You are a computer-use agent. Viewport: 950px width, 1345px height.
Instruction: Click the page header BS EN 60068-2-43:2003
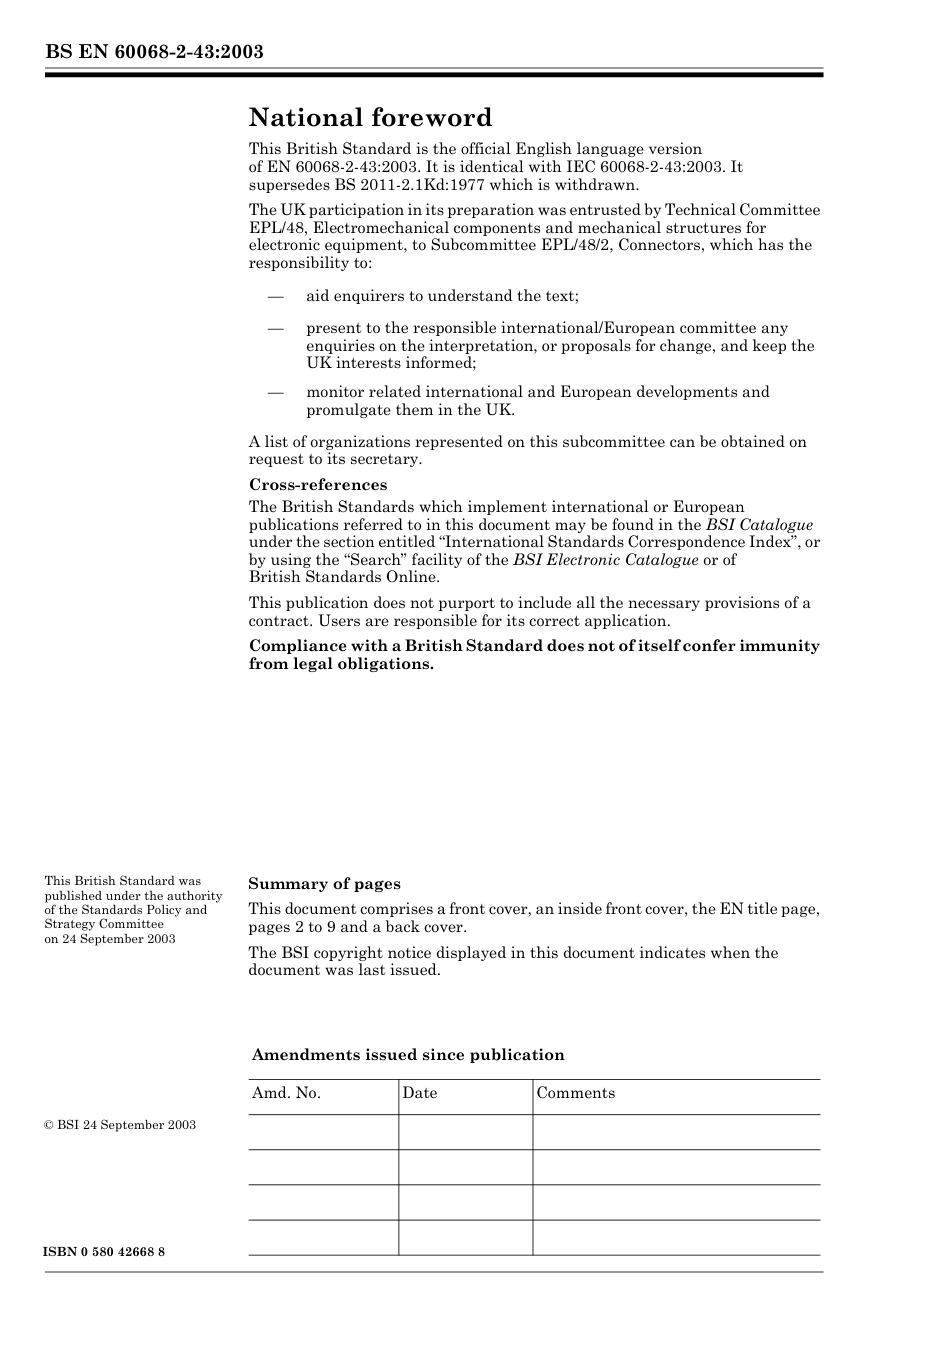[x=154, y=51]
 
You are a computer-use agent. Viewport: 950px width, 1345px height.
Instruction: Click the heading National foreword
[x=370, y=118]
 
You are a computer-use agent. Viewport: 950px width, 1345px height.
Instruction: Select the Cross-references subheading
[x=317, y=485]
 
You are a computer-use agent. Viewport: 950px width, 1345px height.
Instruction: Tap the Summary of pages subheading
[x=324, y=884]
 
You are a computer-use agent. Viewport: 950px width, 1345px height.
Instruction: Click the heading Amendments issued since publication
[x=408, y=1055]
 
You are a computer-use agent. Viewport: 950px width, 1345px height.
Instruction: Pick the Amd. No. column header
[x=286, y=1093]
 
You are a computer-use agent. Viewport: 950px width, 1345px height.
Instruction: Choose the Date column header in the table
[x=420, y=1093]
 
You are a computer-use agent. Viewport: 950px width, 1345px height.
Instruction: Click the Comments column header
[x=575, y=1093]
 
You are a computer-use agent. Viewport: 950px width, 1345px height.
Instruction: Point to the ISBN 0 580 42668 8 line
[x=105, y=1253]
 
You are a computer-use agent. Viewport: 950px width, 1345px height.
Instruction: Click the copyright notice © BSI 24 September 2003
[x=120, y=1125]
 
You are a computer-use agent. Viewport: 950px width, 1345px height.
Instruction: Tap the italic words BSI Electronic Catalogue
[x=605, y=560]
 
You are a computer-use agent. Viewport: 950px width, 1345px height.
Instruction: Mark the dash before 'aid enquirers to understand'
[x=275, y=296]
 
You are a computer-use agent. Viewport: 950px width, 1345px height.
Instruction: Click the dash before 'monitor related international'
[x=275, y=392]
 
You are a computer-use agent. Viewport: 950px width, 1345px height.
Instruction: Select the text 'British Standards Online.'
[x=343, y=577]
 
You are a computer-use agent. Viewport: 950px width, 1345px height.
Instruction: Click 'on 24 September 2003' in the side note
[x=109, y=939]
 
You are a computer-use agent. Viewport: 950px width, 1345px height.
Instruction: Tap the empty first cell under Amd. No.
[x=323, y=1132]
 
